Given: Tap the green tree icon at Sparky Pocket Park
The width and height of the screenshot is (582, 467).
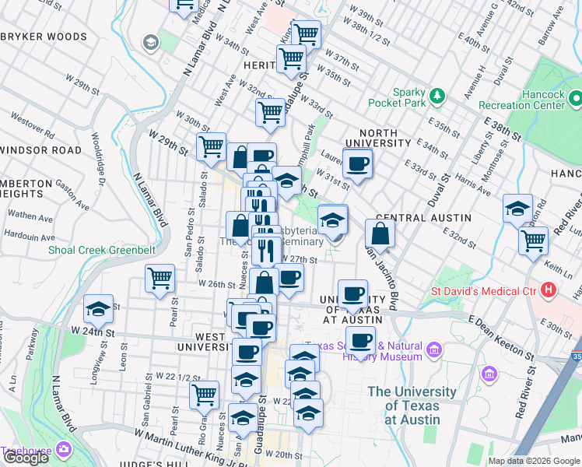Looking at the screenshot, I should (437, 96).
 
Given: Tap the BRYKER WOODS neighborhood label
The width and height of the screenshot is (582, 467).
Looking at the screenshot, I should (44, 37).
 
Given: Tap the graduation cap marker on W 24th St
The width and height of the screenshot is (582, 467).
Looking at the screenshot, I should (99, 309).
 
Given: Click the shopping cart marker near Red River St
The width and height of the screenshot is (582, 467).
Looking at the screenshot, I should (533, 240).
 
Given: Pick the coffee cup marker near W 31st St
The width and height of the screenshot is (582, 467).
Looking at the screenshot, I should (358, 163).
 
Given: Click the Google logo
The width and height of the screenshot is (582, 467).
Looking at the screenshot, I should (26, 458).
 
